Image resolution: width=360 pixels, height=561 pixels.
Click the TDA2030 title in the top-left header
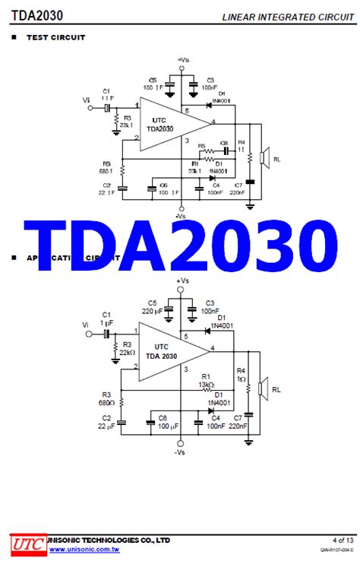(x=37, y=15)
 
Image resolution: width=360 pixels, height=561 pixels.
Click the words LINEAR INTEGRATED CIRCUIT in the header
(x=287, y=17)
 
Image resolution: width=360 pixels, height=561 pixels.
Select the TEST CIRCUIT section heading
(x=55, y=37)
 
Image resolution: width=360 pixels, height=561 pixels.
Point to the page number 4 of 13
(x=340, y=540)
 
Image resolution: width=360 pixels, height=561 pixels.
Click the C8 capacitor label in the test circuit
(x=224, y=144)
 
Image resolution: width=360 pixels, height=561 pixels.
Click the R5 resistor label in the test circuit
(x=201, y=146)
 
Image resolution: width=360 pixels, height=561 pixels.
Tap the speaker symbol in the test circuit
(x=263, y=158)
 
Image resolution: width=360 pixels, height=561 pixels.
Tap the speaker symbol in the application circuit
(x=263, y=388)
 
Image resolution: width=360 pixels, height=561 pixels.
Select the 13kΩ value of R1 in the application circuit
(x=206, y=384)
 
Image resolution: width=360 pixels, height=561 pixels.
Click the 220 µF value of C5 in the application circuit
(x=152, y=311)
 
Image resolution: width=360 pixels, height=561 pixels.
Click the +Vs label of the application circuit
(x=182, y=280)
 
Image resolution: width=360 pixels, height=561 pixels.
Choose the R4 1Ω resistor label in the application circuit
(x=241, y=374)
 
